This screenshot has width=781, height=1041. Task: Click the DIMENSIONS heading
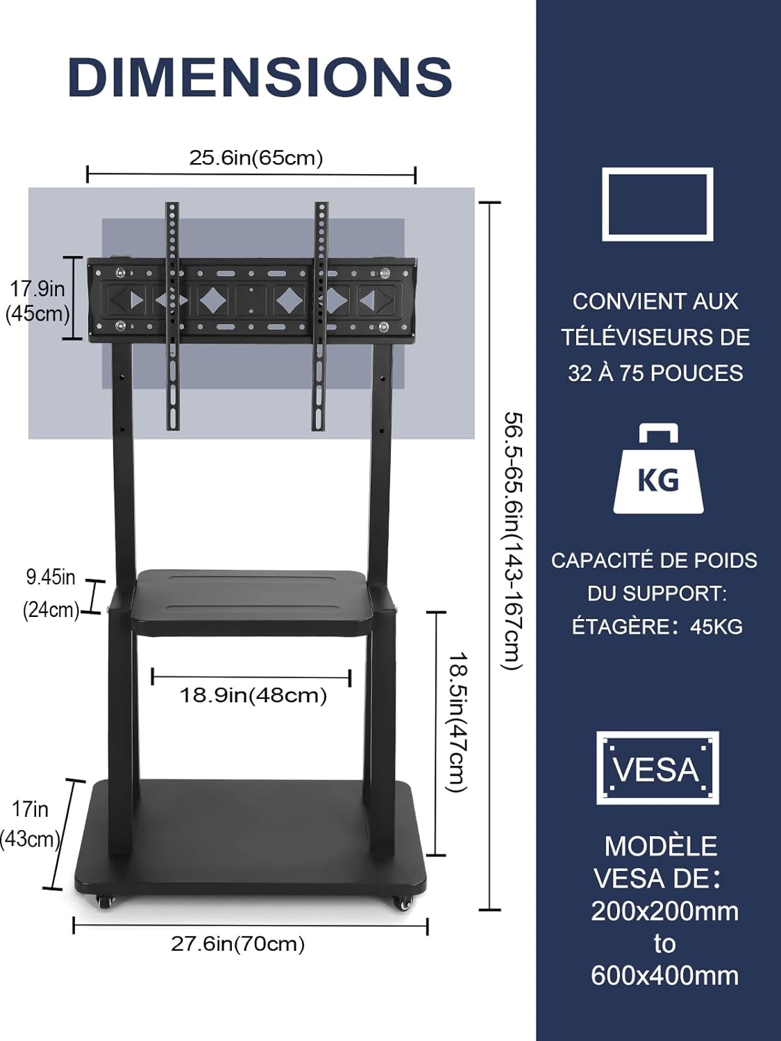pyautogui.click(x=260, y=76)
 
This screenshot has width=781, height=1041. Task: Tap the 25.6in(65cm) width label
pyautogui.click(x=256, y=158)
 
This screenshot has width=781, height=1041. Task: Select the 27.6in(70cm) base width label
pyautogui.click(x=238, y=944)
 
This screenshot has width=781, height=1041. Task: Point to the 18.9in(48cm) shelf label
pyautogui.click(x=253, y=695)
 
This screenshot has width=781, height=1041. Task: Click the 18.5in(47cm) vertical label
pyautogui.click(x=457, y=722)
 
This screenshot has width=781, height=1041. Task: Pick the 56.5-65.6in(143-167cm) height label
pyautogui.click(x=512, y=541)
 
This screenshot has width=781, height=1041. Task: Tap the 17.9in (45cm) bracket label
pyautogui.click(x=37, y=301)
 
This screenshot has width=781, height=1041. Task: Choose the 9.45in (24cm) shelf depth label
pyautogui.click(x=51, y=593)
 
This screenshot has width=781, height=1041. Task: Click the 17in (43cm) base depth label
pyautogui.click(x=30, y=824)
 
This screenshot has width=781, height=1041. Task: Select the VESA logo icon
pyautogui.click(x=657, y=768)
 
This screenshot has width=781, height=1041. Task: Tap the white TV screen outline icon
pyautogui.click(x=657, y=204)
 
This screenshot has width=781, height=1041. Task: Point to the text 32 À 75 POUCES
pyautogui.click(x=655, y=373)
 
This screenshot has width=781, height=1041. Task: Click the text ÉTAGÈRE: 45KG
pyautogui.click(x=657, y=627)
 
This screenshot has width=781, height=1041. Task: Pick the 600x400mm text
pyautogui.click(x=664, y=976)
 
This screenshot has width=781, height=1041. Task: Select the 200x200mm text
pyautogui.click(x=664, y=911)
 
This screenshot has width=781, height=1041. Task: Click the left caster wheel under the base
pyautogui.click(x=105, y=900)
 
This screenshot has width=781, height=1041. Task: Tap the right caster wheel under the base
pyautogui.click(x=402, y=902)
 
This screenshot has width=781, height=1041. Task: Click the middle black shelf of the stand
pyautogui.click(x=253, y=600)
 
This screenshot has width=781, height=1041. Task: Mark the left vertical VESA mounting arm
pyautogui.click(x=172, y=316)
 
